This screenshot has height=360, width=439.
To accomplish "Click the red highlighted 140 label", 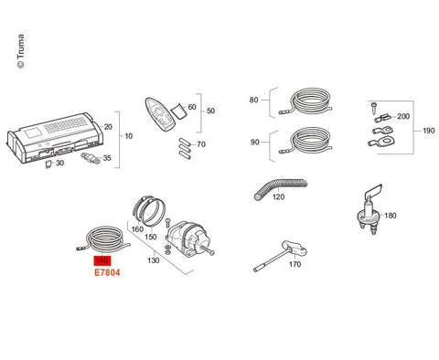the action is click(102, 260).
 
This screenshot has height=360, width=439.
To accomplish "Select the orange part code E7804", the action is click(107, 272).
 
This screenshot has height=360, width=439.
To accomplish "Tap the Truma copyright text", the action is click(21, 51).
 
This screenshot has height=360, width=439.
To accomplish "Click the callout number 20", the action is click(108, 127).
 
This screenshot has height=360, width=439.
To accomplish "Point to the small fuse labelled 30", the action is click(48, 164).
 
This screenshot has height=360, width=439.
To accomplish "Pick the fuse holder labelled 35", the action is click(90, 157).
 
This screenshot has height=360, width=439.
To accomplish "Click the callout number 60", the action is click(192, 107).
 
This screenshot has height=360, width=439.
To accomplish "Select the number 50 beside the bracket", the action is click(210, 111).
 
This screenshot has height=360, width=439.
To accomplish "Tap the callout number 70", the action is click(201, 144).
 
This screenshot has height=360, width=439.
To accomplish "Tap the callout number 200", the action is click(403, 116).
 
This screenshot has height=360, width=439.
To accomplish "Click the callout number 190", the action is click(429, 131).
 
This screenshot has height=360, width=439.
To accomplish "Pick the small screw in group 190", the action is click(374, 107).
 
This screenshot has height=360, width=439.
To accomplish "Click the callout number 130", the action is click(154, 260).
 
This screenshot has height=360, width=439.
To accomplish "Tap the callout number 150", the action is click(151, 237).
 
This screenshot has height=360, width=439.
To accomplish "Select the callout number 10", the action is click(129, 136).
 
